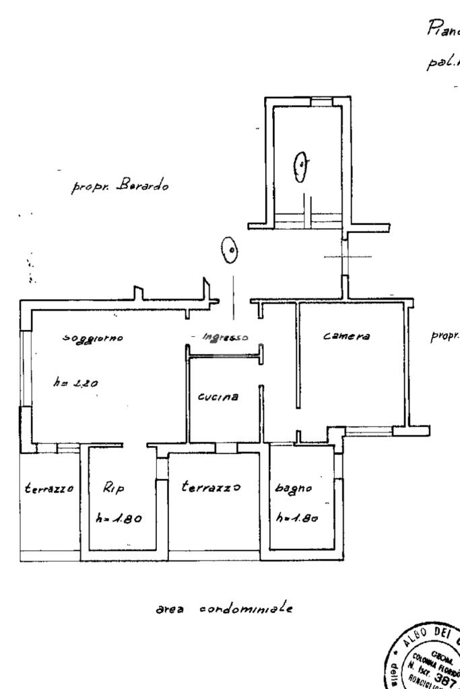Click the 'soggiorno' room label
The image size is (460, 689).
(x=92, y=337)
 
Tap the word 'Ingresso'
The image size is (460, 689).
(x=226, y=337)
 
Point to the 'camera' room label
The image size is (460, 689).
(x=347, y=337)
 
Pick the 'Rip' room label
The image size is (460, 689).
(x=114, y=488)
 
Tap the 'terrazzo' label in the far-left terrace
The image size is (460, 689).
(x=48, y=488)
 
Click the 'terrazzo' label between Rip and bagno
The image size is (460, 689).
(x=211, y=488)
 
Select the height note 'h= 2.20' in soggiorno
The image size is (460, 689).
(x=76, y=383)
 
